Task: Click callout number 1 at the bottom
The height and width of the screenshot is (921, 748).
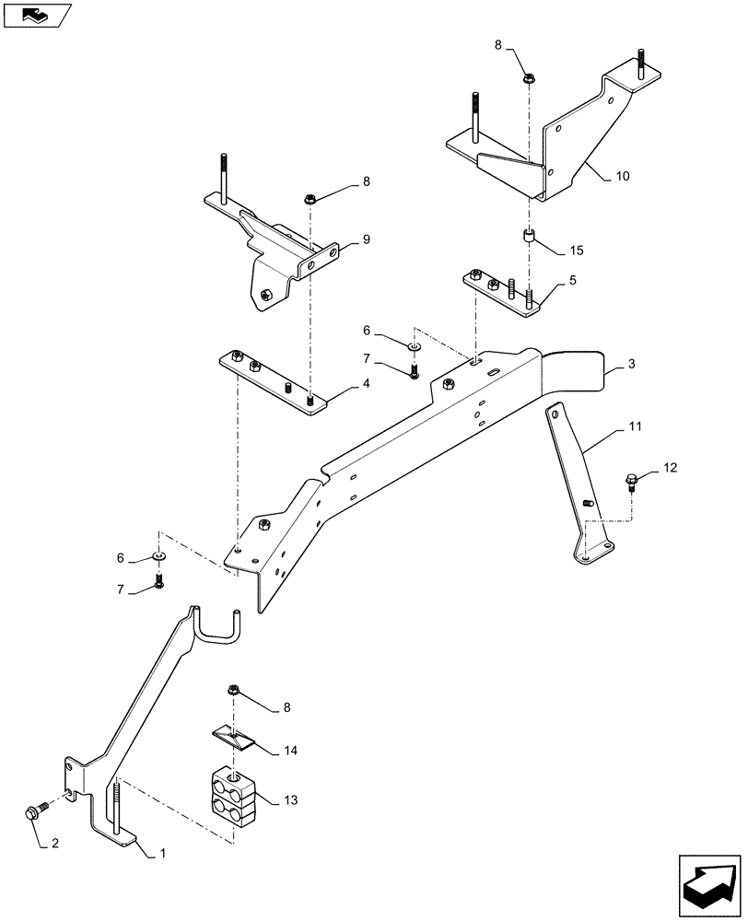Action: (163, 854)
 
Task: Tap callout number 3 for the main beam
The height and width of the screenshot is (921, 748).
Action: (632, 367)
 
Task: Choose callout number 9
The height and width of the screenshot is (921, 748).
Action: (366, 240)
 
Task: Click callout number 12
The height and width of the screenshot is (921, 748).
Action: (670, 469)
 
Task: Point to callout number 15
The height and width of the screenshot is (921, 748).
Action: (577, 251)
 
